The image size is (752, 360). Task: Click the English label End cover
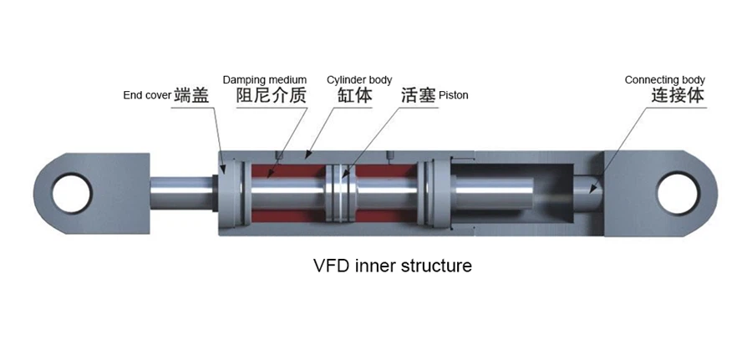click(147, 95)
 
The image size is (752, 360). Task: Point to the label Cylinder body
click(359, 80)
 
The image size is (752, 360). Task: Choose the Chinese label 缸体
click(354, 95)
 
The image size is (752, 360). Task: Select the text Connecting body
click(665, 80)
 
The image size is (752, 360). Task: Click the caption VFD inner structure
click(393, 266)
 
